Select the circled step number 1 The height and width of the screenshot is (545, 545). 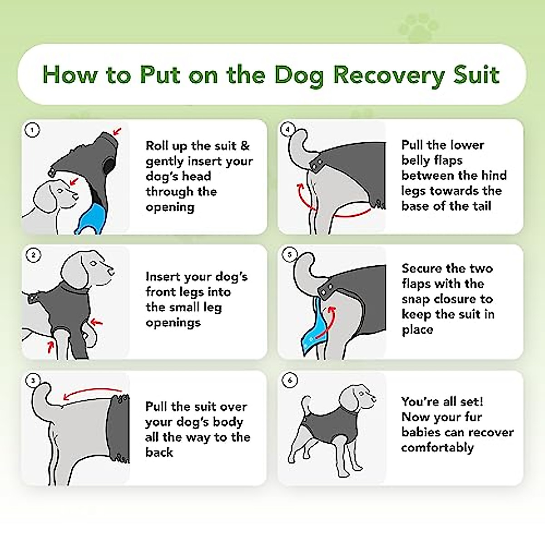[32, 130]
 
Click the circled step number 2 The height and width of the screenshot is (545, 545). [33, 255]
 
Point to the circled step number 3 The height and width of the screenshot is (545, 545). [33, 381]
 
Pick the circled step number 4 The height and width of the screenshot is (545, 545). [287, 129]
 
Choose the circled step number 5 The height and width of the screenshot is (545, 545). [289, 255]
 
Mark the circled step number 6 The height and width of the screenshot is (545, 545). [290, 380]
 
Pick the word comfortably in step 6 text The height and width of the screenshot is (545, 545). [437, 448]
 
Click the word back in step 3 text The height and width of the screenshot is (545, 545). [159, 452]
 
